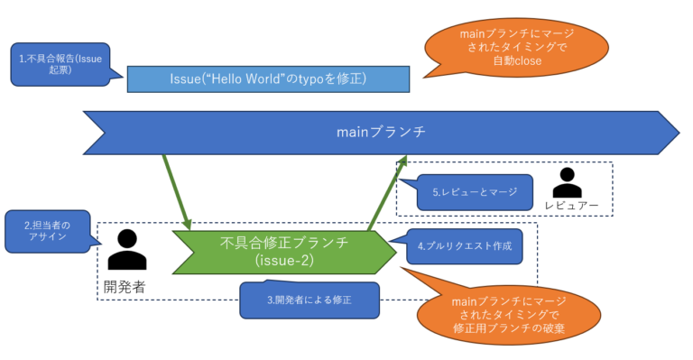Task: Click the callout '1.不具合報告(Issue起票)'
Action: [57, 65]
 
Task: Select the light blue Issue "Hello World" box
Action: [269, 79]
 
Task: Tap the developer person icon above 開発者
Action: [126, 249]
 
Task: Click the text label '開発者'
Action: [125, 287]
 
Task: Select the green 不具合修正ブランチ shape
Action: [283, 252]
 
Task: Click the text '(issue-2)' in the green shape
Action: [283, 262]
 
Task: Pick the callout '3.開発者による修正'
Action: [310, 300]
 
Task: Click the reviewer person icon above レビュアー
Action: [566, 182]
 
